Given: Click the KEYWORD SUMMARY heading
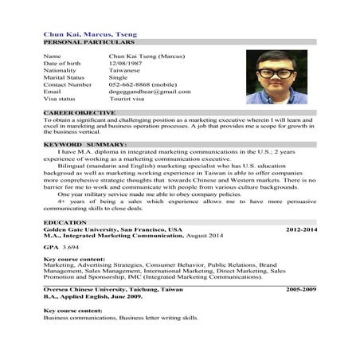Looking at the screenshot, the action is (84, 144).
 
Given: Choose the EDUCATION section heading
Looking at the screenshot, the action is (61, 222).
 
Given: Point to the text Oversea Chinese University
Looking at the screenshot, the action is (87, 288).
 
